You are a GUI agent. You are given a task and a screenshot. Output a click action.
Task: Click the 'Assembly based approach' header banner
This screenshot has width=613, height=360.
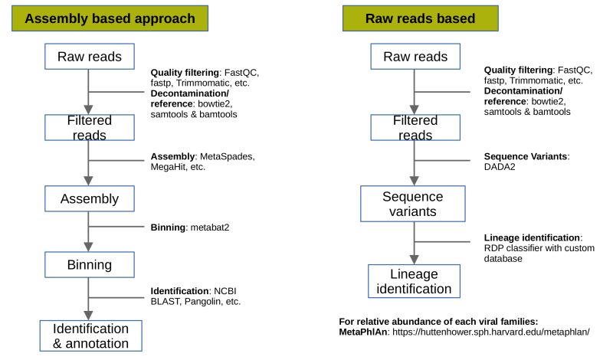tap(110, 18)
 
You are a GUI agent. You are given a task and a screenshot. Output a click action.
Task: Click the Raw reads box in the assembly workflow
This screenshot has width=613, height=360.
tap(89, 57)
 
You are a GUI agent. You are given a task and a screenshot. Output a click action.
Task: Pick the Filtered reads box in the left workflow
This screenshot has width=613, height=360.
tap(89, 128)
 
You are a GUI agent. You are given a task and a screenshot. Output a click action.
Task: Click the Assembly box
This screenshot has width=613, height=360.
tap(89, 199)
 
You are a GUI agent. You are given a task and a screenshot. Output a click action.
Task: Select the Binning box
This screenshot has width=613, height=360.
tap(89, 265)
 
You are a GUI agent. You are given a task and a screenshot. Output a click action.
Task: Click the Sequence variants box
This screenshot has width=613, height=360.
tap(414, 203)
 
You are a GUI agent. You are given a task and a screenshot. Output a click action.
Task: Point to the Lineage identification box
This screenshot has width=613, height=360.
tap(414, 281)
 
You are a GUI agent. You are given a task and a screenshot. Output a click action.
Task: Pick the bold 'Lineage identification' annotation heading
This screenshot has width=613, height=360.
tap(533, 237)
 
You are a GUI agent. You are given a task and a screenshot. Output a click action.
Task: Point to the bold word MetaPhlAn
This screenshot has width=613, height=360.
tap(364, 332)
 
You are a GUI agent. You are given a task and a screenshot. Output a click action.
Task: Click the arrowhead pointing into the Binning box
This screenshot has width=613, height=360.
tap(89, 248)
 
